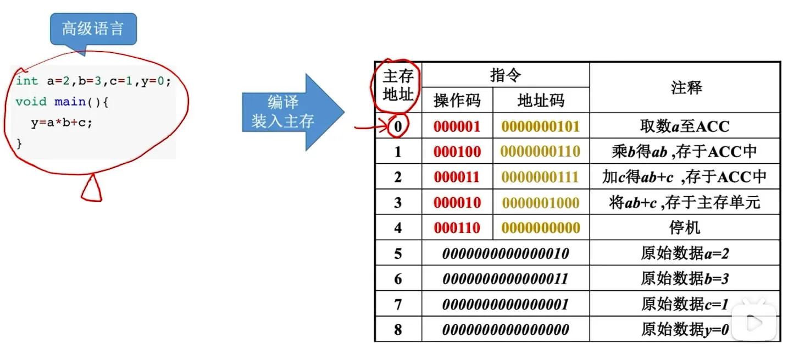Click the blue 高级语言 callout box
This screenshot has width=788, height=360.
click(x=93, y=29)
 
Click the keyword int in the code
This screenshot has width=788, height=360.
click(x=27, y=81)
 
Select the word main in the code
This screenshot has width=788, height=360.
click(x=70, y=102)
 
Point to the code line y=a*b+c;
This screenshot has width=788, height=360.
click(x=62, y=123)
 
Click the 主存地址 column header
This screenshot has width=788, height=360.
click(x=398, y=86)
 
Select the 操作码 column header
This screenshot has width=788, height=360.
click(x=457, y=100)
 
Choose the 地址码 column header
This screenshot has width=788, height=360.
click(x=541, y=100)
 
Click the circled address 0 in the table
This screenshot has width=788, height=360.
click(x=398, y=126)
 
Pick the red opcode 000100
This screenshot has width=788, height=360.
click(x=457, y=152)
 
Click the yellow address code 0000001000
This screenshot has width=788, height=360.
click(x=541, y=203)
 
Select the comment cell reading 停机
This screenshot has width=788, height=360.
click(x=685, y=228)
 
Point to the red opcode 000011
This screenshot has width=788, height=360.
click(x=457, y=177)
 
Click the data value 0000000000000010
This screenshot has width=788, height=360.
click(x=506, y=253)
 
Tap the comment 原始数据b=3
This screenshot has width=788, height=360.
click(x=685, y=279)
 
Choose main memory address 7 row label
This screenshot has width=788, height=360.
click(x=398, y=304)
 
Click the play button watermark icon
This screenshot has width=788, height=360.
click(x=754, y=322)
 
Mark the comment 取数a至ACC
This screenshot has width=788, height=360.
click(x=685, y=126)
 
